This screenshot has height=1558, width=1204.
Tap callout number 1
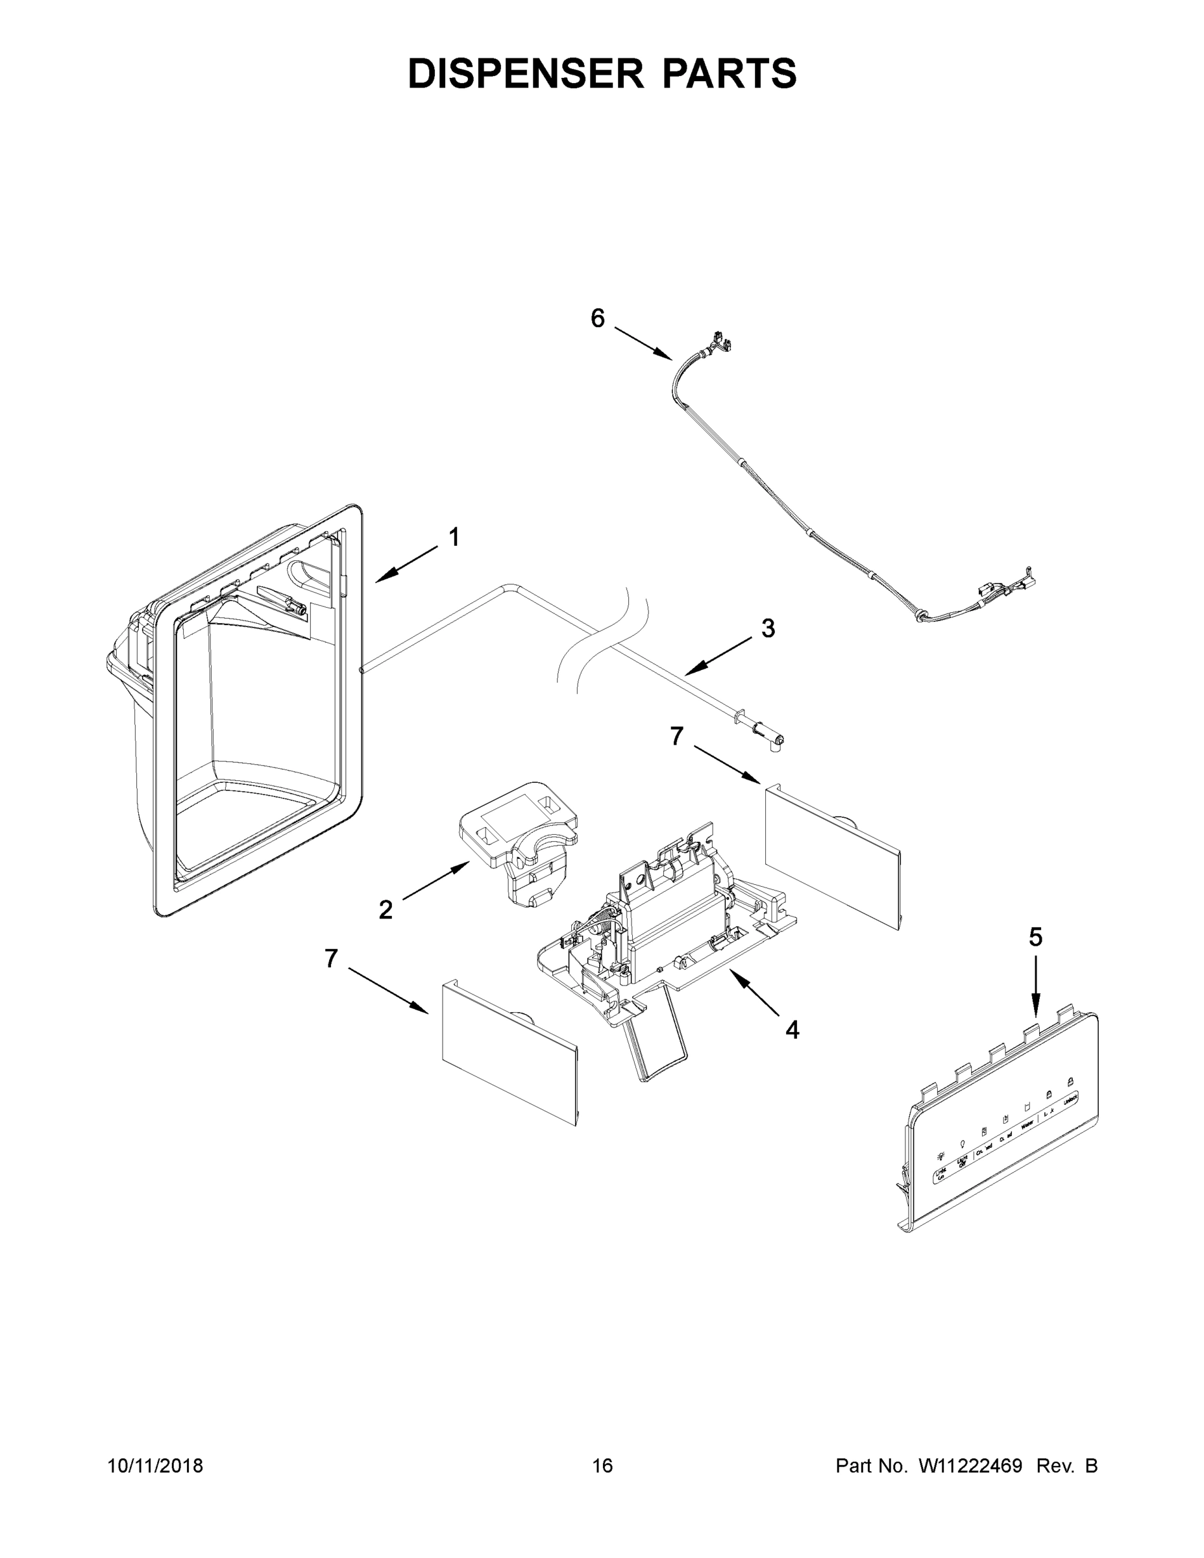(x=454, y=537)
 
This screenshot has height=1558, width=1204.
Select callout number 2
(x=385, y=909)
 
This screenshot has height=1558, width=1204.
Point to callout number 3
(x=767, y=628)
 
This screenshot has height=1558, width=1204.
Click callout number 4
(x=792, y=1029)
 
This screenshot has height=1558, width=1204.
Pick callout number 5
(x=1036, y=937)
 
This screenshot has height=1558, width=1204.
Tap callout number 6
(x=598, y=318)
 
